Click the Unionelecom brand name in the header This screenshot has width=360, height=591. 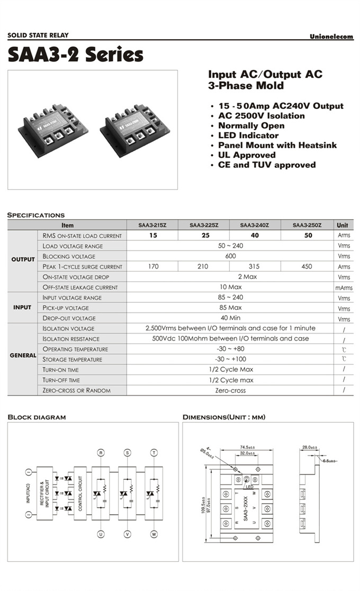click(x=331, y=36)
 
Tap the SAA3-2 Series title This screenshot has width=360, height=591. click(x=75, y=55)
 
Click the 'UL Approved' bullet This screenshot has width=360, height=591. click(x=247, y=155)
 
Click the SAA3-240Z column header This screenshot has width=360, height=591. click(x=255, y=225)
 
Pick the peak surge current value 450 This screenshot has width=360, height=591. click(x=307, y=267)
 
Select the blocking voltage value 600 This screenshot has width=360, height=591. click(x=230, y=256)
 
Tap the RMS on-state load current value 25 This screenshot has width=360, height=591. click(x=203, y=236)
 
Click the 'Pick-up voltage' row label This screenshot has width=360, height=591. click(x=66, y=308)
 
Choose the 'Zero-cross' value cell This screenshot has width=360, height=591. click(x=230, y=391)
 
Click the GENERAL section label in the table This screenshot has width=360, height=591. click(x=23, y=355)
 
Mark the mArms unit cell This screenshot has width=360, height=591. click(x=344, y=288)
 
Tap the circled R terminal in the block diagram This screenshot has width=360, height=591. click(x=101, y=452)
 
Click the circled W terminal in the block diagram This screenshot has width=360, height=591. click(x=154, y=534)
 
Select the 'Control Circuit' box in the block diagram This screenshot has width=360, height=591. click(x=80, y=494)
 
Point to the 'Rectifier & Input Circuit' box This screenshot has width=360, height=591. click(x=44, y=494)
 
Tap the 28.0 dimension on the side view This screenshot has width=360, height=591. click(x=310, y=447)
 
